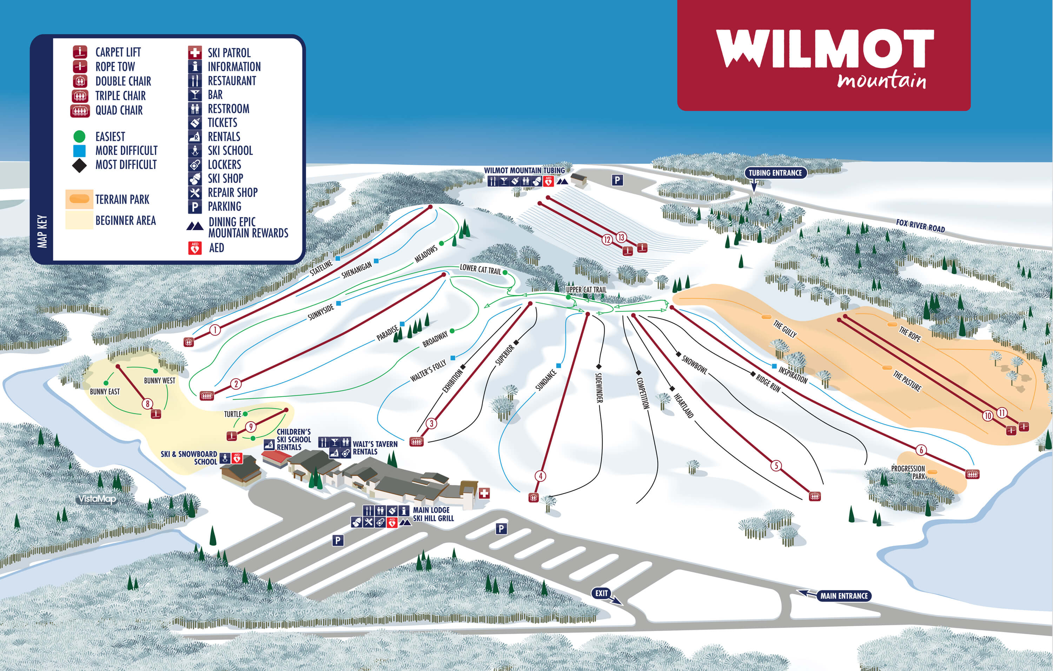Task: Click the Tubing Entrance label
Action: (x=775, y=173)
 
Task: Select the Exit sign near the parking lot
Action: (x=602, y=593)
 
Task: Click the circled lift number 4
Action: (x=541, y=476)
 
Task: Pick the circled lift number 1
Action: (x=215, y=330)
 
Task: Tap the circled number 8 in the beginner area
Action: (x=148, y=404)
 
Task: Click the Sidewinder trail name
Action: (x=599, y=387)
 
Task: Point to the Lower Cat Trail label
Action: (x=480, y=269)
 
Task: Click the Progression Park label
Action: (x=908, y=472)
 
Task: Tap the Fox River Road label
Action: (x=920, y=226)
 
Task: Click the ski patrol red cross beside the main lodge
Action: (x=484, y=493)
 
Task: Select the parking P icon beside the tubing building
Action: (x=617, y=180)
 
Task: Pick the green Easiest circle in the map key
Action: (x=79, y=137)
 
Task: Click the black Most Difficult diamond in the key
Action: (x=79, y=165)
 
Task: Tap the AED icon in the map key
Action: (x=194, y=248)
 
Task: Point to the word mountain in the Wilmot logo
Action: (x=882, y=81)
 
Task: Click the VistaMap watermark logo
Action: (x=97, y=499)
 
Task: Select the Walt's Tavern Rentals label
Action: (x=375, y=447)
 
